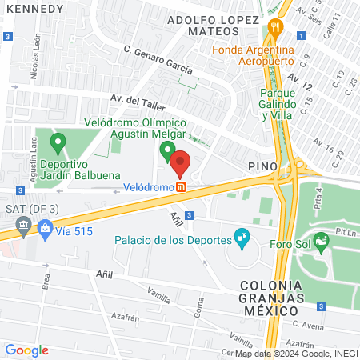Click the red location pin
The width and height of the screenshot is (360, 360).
(x=180, y=164)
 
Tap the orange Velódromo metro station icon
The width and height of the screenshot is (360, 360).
(x=182, y=187)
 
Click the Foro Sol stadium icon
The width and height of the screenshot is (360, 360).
(x=322, y=240)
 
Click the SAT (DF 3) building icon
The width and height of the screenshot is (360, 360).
(x=24, y=230)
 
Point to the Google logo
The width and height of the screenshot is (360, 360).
(x=26, y=350)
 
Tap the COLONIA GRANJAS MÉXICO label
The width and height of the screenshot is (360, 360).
(x=273, y=291)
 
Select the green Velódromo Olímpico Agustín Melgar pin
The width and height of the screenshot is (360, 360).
(x=167, y=150)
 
